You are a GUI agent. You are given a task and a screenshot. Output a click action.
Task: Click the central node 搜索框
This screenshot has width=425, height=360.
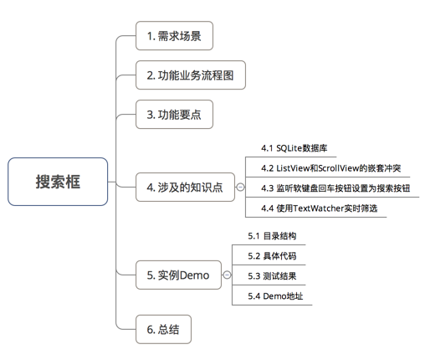(x=58, y=182)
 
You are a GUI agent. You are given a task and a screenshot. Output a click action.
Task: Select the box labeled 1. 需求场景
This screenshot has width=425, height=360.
(x=174, y=36)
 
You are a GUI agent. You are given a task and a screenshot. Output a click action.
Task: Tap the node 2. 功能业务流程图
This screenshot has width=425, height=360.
(x=191, y=75)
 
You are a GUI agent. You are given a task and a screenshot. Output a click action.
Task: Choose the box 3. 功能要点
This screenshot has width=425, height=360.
(x=174, y=115)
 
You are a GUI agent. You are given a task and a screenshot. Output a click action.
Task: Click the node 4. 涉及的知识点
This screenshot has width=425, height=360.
(x=185, y=188)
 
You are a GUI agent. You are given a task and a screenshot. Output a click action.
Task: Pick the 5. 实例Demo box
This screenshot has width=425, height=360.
(x=178, y=275)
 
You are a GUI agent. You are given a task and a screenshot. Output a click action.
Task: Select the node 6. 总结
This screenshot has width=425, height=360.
(x=163, y=329)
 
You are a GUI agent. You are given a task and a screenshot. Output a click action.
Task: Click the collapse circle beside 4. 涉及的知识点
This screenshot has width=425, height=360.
(x=240, y=187)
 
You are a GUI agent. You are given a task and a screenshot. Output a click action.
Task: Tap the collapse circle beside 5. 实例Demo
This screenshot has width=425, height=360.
(x=228, y=275)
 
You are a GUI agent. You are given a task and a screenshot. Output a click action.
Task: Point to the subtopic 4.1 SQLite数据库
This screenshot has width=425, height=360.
(x=294, y=148)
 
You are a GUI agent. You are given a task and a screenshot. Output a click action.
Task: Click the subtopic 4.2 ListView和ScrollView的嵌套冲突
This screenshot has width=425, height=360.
(x=331, y=168)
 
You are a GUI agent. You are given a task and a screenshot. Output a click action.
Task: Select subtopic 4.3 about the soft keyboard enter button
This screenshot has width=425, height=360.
(x=335, y=188)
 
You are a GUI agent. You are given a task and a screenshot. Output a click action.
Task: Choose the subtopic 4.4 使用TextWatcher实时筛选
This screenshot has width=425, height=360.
(x=320, y=208)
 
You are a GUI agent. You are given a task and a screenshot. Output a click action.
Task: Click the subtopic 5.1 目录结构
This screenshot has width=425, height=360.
(x=272, y=236)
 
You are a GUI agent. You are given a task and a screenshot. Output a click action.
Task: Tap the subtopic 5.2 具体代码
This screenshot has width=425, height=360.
(x=272, y=256)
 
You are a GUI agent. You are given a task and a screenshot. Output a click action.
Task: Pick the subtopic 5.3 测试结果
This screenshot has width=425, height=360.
(x=272, y=276)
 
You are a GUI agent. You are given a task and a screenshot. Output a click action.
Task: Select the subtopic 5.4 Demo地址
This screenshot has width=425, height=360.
(x=275, y=296)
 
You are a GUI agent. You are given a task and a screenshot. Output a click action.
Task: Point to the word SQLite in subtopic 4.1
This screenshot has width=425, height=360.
(x=289, y=148)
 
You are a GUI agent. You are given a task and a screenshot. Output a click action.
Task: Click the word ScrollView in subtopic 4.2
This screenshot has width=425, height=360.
(x=339, y=168)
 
